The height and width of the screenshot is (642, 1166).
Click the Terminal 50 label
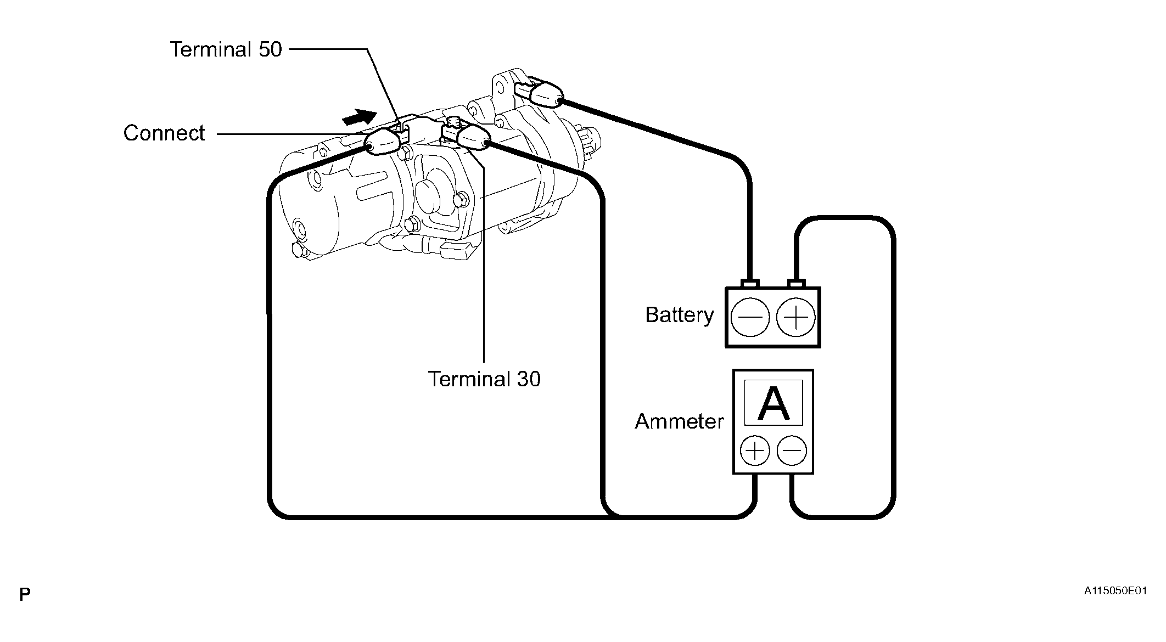click(x=226, y=49)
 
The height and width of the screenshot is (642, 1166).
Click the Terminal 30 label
click(x=484, y=379)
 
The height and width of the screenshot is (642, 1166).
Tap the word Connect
click(x=164, y=133)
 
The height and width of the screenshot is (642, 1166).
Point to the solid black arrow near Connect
click(x=359, y=117)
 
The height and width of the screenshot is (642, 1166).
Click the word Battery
click(x=680, y=315)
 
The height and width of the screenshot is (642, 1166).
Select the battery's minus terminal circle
click(x=750, y=317)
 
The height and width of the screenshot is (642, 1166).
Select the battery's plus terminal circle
click(x=796, y=317)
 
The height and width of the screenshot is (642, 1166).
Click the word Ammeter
click(x=679, y=421)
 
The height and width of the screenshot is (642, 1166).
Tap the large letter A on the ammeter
click(x=773, y=404)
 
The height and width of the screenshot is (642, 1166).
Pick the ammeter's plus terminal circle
click(x=755, y=451)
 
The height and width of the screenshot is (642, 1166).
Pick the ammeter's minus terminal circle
click(x=792, y=451)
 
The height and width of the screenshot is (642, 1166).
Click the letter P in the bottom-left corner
click(x=25, y=594)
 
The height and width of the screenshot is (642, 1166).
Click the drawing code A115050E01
click(x=1115, y=591)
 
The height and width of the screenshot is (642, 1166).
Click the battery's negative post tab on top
click(x=750, y=283)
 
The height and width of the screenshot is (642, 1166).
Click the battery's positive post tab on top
click(x=796, y=283)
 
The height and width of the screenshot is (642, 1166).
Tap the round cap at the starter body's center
click(x=430, y=195)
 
